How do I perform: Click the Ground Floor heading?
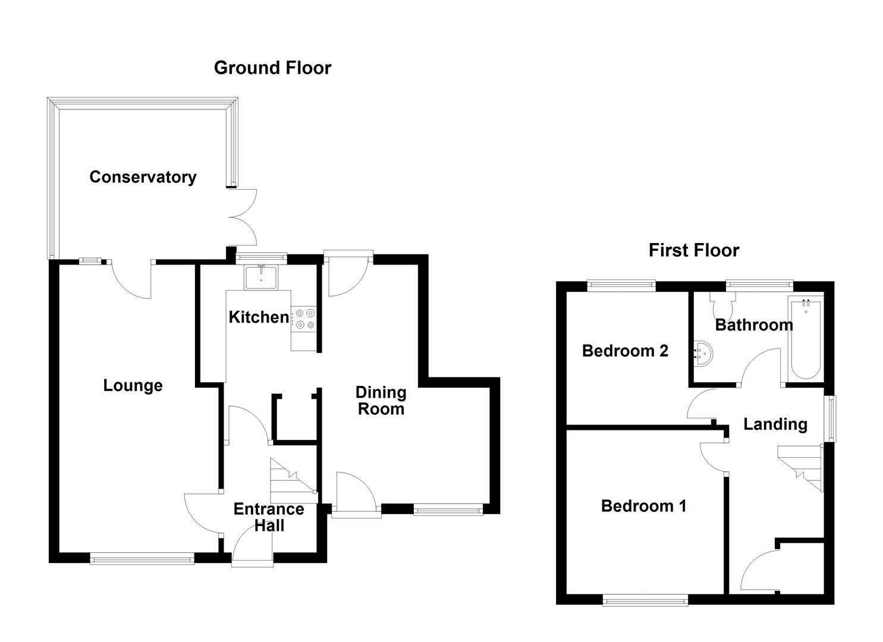point(272,68)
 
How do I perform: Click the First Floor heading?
point(693,250)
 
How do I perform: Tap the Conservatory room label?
point(143,177)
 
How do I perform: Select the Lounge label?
point(133,385)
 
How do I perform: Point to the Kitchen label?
point(259,317)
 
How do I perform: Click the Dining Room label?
point(381,401)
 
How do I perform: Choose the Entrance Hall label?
point(269,517)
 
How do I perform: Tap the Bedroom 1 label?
point(643,506)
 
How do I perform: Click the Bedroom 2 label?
point(625,351)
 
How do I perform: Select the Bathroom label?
point(753,325)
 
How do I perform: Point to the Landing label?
point(775,424)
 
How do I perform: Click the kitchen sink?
point(261,278)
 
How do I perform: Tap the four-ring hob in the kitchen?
point(304,319)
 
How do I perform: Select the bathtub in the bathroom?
point(806,340)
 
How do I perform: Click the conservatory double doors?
point(243,217)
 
